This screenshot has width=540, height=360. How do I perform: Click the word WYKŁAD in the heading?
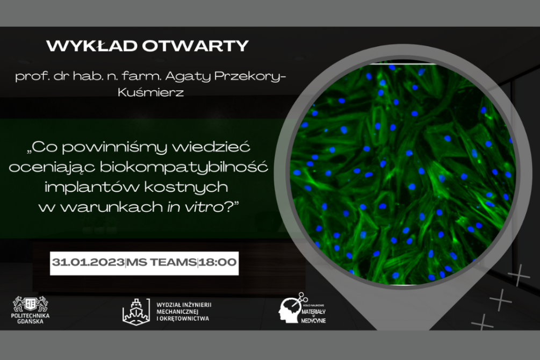[x=92, y=46]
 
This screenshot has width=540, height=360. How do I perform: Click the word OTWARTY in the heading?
[x=196, y=46]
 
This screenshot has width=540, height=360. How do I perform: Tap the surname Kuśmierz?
[x=150, y=92]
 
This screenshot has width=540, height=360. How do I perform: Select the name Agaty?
[x=188, y=76]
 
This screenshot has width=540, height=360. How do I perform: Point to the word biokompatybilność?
[x=184, y=168]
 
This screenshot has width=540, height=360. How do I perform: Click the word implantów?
[x=92, y=188]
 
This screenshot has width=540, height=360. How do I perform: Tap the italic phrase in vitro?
[x=195, y=207]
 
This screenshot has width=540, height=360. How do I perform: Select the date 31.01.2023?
[x=88, y=262]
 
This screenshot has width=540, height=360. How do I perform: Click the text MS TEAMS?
[x=162, y=262]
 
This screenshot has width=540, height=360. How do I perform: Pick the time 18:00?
[x=218, y=262]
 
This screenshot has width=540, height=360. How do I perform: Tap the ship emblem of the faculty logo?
[x=136, y=312]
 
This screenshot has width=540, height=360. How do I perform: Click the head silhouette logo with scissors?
[x=292, y=308]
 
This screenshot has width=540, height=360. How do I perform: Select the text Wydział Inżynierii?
[x=184, y=305]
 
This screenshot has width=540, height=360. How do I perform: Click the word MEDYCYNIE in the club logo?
[x=313, y=321]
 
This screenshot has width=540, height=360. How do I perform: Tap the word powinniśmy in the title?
[x=114, y=147]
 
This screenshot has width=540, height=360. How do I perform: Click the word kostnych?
[x=186, y=188]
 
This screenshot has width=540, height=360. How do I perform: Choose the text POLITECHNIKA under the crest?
[x=30, y=315]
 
